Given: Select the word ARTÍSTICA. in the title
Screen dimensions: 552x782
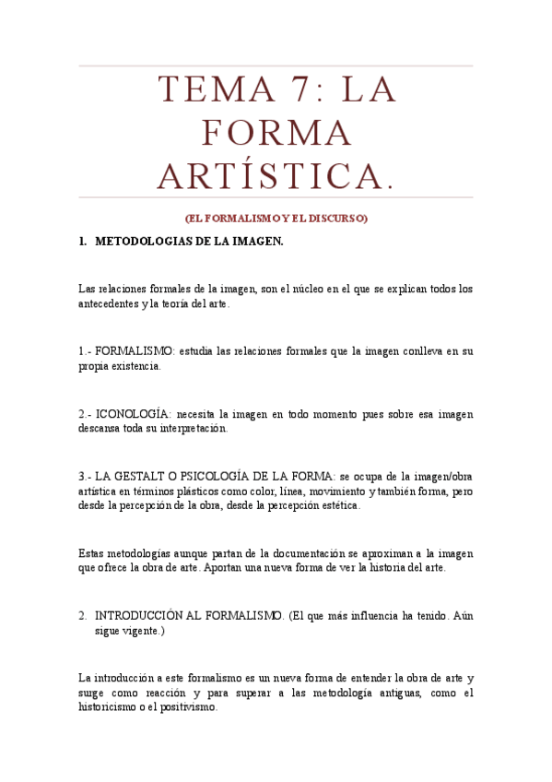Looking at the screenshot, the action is (276, 175).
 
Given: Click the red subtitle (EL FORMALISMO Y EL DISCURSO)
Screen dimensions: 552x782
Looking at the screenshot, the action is (276, 219).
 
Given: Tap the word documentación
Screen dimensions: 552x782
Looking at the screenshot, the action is (300, 553).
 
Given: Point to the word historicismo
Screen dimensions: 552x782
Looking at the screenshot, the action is (108, 708).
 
